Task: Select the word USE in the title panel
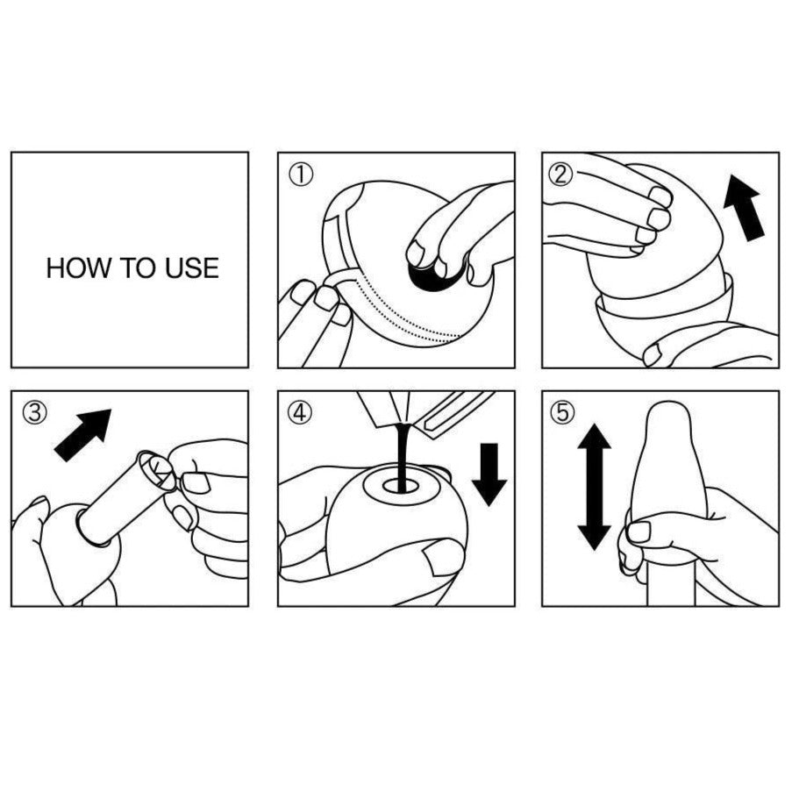click(x=192, y=268)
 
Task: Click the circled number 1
click(x=301, y=175)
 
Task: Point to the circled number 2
click(x=560, y=175)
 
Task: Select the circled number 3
click(x=35, y=412)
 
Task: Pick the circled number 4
click(x=300, y=412)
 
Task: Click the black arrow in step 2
click(x=744, y=208)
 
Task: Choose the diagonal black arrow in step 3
click(x=82, y=435)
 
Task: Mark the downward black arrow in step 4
click(x=489, y=474)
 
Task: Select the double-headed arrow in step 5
click(x=594, y=488)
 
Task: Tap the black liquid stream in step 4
click(x=401, y=457)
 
